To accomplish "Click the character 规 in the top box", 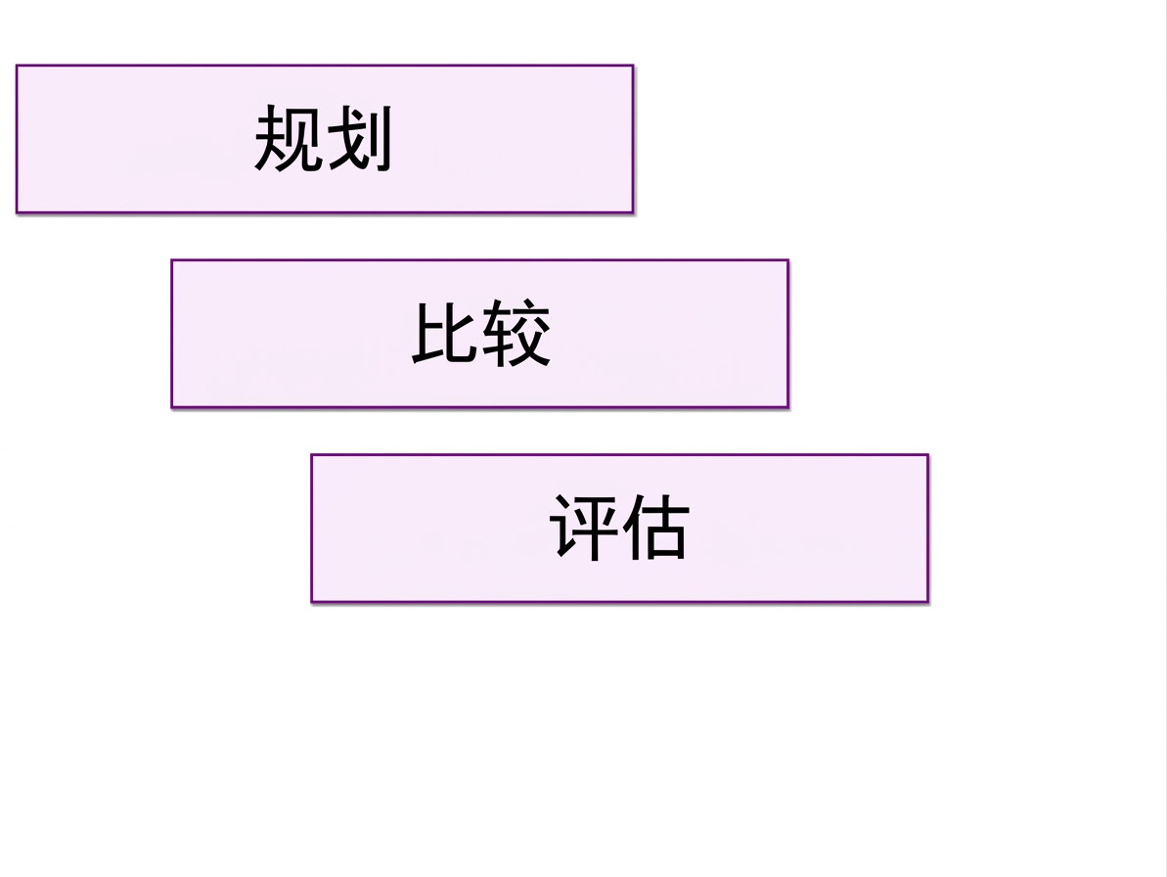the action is tap(288, 138).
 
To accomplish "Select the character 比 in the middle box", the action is tap(445, 333).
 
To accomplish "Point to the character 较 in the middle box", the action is tap(516, 333).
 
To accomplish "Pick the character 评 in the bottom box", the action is tap(583, 527).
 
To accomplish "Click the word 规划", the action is tap(323, 138).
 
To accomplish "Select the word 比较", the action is tap(481, 333).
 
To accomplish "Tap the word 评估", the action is tap(619, 527).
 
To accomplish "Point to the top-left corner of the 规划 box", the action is tap(17, 66).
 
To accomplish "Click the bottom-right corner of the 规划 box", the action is tap(633, 213).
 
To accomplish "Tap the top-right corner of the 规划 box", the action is tap(633, 66).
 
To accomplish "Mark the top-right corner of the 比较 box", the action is tap(788, 259).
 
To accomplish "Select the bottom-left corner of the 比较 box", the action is tap(171, 408).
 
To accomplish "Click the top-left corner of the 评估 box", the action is tap(311, 454).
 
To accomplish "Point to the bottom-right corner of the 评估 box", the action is tap(928, 602).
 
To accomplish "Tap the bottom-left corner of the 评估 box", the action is tap(311, 602).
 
